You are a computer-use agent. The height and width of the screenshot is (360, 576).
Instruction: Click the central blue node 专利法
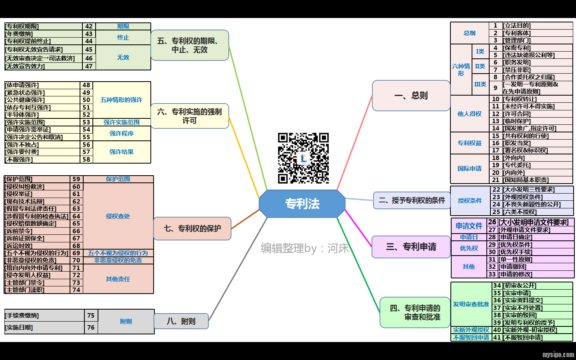tap(302, 204)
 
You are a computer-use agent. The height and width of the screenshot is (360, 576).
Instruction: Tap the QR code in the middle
tap(303, 158)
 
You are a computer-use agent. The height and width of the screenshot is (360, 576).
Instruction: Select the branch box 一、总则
tap(411, 96)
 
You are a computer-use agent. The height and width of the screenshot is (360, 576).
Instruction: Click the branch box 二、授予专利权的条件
tap(412, 200)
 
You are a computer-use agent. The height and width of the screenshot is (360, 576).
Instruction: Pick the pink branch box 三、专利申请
tap(411, 247)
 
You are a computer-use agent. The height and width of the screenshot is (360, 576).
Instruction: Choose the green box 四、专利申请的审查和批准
tap(415, 312)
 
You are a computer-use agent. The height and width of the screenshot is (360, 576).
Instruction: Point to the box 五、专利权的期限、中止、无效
tap(190, 45)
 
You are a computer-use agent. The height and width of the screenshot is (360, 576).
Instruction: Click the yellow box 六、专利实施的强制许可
tap(190, 116)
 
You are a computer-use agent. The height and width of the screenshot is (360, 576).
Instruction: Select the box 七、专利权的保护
tap(192, 228)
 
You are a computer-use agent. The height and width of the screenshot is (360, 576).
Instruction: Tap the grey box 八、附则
tap(181, 321)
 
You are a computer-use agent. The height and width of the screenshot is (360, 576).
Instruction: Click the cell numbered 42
tap(89, 26)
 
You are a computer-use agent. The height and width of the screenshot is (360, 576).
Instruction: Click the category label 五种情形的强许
tap(121, 100)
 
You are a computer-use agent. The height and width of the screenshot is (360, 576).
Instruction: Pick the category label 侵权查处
tap(118, 216)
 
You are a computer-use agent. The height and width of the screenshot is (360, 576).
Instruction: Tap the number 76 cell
tap(91, 328)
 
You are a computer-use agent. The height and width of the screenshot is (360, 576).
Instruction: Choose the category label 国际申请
tap(470, 169)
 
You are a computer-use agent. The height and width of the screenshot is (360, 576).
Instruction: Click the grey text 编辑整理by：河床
tap(305, 248)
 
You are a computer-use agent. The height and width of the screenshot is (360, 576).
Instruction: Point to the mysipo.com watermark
tap(558, 354)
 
